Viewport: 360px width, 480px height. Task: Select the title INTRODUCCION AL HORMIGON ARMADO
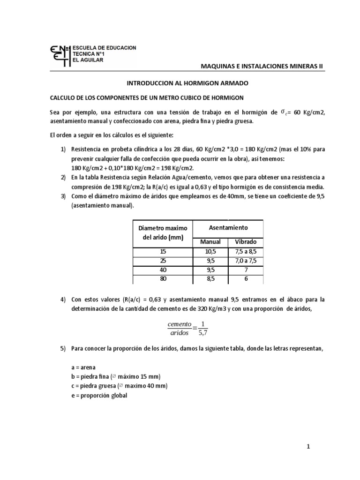(x=180, y=83)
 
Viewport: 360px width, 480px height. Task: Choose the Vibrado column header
(x=246, y=242)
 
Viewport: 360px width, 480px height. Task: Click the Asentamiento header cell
(x=228, y=228)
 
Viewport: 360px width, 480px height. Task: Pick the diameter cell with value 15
(x=163, y=252)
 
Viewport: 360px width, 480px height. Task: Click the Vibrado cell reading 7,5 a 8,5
(x=246, y=252)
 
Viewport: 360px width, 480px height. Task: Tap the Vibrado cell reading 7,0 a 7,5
(x=246, y=261)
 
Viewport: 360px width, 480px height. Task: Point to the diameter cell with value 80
(x=163, y=279)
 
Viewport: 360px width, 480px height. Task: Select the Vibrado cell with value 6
(x=246, y=279)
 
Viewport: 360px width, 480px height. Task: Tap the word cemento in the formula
(x=179, y=324)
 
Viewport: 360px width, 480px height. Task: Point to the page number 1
(x=308, y=447)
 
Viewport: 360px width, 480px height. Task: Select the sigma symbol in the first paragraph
(x=282, y=112)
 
